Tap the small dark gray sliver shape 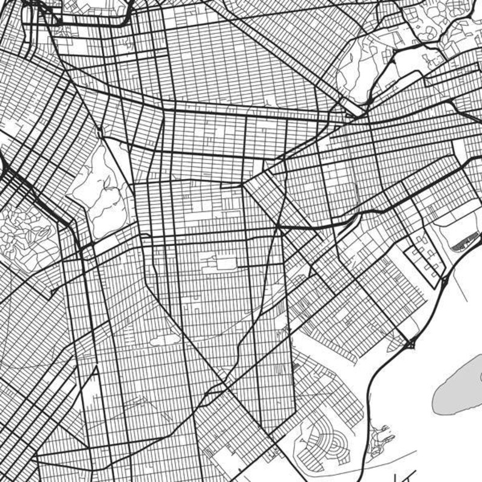[464, 242]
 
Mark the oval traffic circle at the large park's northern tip [99, 132]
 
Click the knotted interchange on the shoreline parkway [410, 344]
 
